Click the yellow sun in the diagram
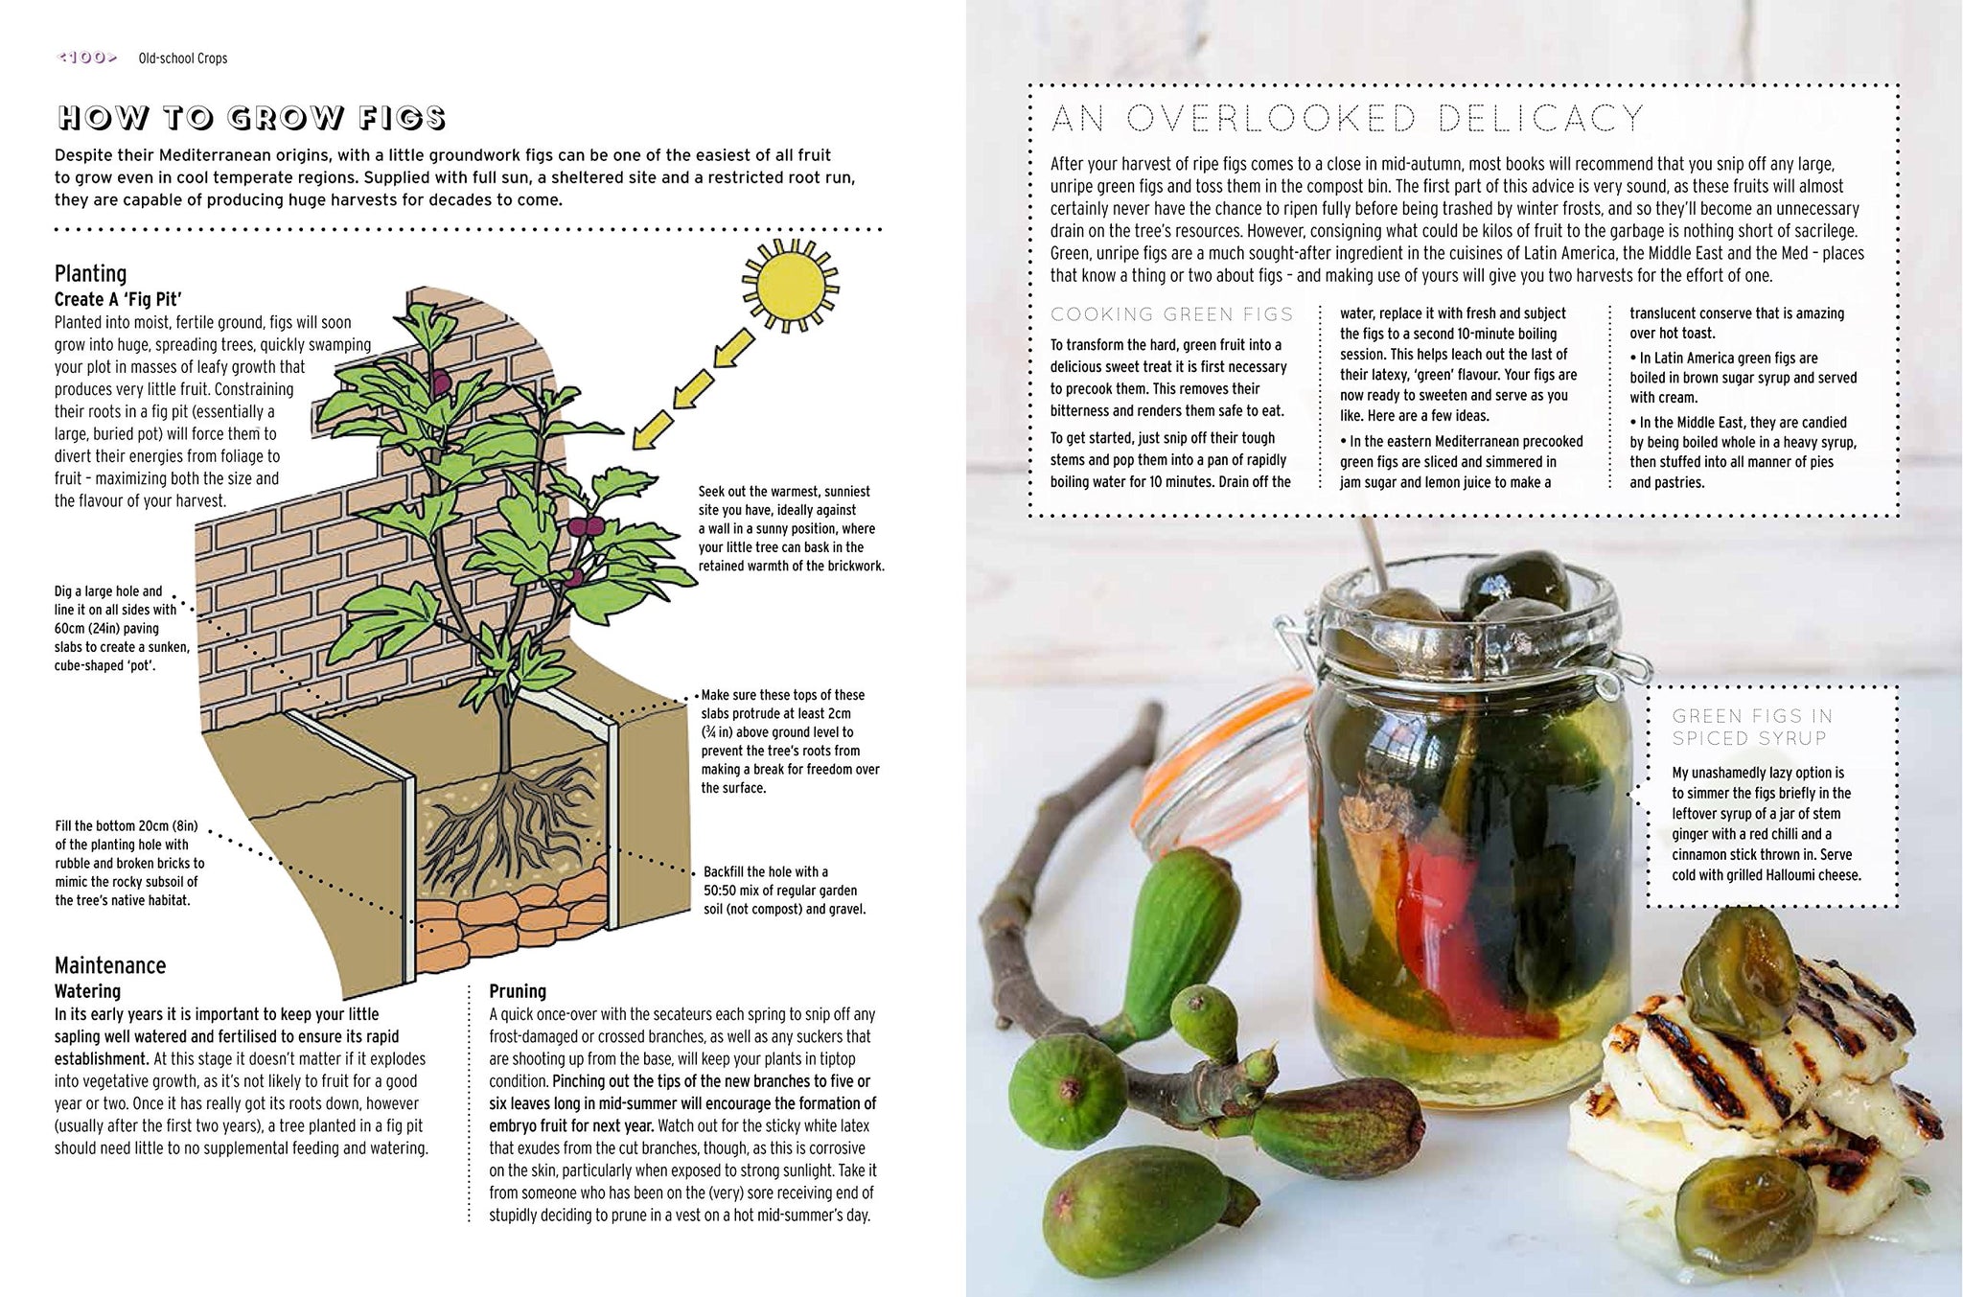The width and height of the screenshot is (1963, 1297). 790,286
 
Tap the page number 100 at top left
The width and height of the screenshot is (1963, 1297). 87,58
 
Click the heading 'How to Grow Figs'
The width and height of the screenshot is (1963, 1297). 252,118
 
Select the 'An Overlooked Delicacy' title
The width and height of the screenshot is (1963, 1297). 1348,119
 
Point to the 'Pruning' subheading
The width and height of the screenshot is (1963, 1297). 518,991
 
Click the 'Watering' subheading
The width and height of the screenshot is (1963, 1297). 87,991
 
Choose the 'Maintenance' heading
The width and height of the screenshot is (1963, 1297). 110,965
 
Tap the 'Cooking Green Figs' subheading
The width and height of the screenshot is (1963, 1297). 1172,314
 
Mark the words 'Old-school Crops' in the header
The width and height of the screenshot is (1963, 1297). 183,58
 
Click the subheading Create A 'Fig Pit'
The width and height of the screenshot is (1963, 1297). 118,299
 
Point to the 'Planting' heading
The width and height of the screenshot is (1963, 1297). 90,273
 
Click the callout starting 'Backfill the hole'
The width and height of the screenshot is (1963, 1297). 784,891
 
